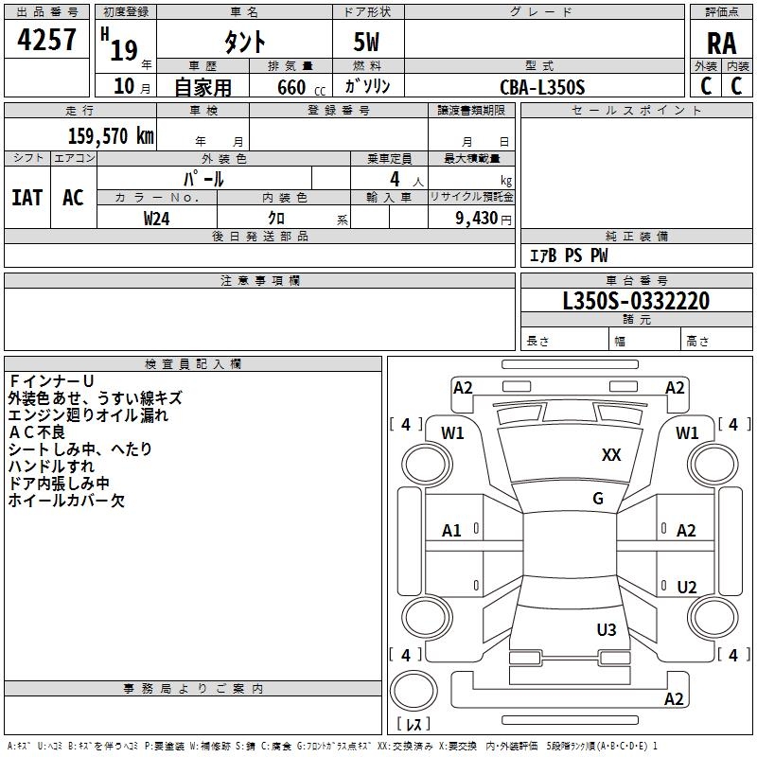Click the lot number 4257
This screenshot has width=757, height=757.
tap(47, 40)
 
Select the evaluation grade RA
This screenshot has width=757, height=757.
tap(721, 44)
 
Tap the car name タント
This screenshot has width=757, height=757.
tap(243, 42)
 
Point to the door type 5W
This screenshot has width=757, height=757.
tap(368, 42)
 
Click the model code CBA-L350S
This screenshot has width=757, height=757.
tap(542, 87)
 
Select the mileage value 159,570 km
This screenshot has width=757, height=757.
tap(110, 136)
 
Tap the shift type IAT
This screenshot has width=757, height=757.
tap(26, 197)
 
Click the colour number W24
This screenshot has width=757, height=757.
tap(156, 218)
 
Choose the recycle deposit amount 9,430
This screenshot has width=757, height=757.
tap(476, 218)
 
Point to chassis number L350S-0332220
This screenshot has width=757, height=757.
tap(635, 301)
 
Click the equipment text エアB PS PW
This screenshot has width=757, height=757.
tap(568, 255)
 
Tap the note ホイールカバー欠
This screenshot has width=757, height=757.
tap(66, 501)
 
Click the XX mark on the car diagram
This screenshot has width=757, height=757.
tap(611, 455)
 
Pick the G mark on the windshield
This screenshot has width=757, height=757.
tap(598, 499)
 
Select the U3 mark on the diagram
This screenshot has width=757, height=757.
tap(607, 629)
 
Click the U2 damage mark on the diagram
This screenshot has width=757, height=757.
tap(687, 588)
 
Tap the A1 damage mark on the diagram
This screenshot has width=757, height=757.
tap(452, 531)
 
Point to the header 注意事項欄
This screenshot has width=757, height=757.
tap(259, 281)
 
